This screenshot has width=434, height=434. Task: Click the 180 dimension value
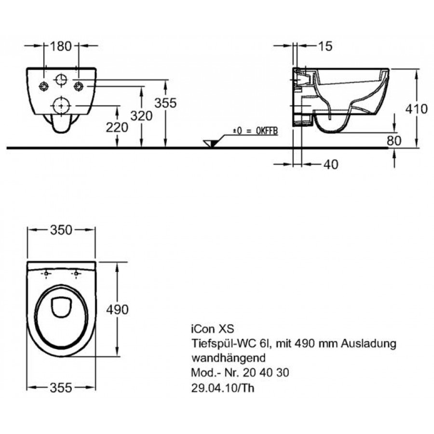tap(61, 46)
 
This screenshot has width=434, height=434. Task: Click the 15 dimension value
tap(325, 46)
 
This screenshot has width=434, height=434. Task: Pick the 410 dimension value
tap(417, 109)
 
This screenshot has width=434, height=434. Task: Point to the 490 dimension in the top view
tap(118, 310)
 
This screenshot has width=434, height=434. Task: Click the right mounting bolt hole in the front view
tap(78, 86)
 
